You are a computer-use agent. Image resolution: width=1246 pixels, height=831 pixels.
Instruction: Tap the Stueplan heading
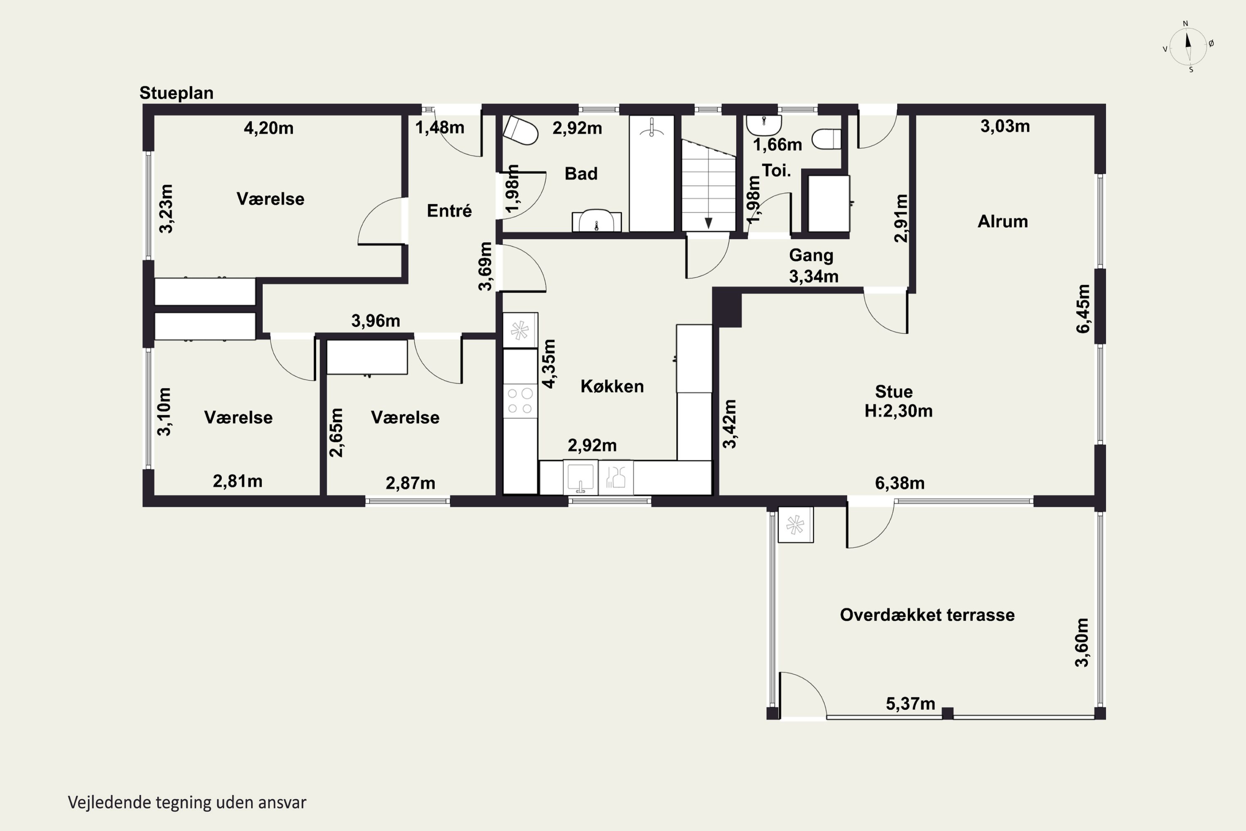pos(177,93)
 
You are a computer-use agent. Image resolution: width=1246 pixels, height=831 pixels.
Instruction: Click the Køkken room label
pos(612,386)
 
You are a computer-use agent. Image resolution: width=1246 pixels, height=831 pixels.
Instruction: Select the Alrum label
pos(1003,221)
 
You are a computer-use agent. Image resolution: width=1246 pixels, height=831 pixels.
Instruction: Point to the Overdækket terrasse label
pos(927,615)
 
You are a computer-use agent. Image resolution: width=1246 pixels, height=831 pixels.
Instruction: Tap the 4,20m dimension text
pos(269,128)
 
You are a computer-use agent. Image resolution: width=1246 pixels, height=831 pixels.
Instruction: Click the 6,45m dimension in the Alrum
pos(1083,309)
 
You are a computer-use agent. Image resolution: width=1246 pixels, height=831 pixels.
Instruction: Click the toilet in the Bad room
pos(520,130)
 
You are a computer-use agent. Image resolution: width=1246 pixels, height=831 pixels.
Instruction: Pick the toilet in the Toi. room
pos(827,139)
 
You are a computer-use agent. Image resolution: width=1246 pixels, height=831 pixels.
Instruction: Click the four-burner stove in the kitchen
pos(520,401)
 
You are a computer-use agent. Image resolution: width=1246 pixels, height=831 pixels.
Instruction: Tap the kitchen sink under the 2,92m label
pos(581,477)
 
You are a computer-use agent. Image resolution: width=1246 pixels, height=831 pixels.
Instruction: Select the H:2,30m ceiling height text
pos(898,411)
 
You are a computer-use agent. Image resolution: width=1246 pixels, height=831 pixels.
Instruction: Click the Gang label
pos(811,256)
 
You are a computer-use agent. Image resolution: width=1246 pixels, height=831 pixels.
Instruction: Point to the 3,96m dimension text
pos(375,321)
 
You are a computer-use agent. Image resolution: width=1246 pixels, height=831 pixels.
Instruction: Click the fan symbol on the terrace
pos(795,525)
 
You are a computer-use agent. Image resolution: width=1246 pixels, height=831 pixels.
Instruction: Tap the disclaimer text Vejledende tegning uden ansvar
pos(187,802)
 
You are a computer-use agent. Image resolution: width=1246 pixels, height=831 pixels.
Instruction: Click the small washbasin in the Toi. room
pos(763,125)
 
